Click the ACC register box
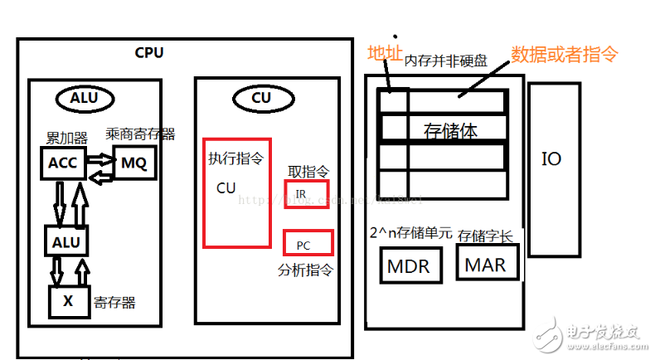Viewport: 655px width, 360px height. [63, 162]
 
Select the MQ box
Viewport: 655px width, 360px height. [133, 163]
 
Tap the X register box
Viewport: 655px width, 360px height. [69, 302]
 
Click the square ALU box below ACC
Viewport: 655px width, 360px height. [66, 241]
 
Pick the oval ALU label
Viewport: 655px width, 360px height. [84, 98]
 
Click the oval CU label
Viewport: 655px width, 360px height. [260, 98]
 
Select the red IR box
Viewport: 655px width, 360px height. [306, 194]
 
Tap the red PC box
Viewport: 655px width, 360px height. [308, 243]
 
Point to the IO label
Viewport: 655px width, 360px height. [551, 158]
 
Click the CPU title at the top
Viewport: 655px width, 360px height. [149, 53]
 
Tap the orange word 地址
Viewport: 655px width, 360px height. [384, 54]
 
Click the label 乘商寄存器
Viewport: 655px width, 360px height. [140, 134]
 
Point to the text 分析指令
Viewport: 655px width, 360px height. [305, 270]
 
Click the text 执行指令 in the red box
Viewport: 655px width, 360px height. [235, 158]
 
